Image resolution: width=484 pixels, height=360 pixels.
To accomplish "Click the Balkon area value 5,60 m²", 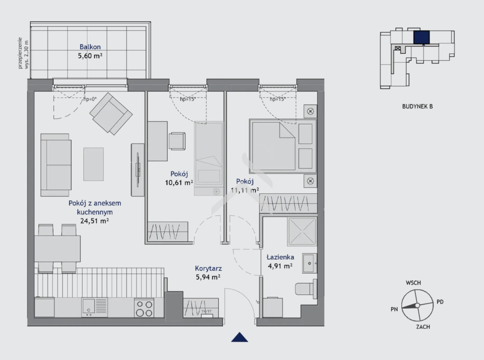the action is tap(90, 56).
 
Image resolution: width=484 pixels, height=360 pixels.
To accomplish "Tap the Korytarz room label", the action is tap(208, 268).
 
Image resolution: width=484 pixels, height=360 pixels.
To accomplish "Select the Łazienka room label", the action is tap(280, 257).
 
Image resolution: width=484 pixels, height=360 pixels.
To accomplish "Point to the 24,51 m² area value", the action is tap(94, 221).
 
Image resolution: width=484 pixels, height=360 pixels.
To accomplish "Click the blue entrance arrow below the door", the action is tap(240, 337).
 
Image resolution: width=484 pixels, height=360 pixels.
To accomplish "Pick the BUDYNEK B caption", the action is tap(417, 106).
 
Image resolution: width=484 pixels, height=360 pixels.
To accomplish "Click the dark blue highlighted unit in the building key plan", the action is tap(421, 37).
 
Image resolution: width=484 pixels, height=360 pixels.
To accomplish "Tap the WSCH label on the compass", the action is tap(413, 283).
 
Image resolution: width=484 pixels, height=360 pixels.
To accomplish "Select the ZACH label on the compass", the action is tap(423, 327).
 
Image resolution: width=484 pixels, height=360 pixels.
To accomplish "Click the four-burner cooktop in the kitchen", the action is tap(144, 308).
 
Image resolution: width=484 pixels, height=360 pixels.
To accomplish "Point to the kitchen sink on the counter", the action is tap(94, 307).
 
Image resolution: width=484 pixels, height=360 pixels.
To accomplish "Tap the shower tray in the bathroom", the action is tap(302, 231).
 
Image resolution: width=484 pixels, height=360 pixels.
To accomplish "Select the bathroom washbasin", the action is tap(309, 263).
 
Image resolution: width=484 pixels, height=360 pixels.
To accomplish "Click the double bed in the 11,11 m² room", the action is tap(283, 146).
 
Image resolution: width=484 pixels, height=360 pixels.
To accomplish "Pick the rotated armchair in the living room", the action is tap(111, 114).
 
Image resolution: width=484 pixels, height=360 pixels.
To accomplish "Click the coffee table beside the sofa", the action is tap(94, 164).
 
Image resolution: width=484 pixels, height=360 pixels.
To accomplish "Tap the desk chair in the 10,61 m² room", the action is tap(177, 141).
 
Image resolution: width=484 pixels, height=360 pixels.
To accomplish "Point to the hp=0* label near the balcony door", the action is tap(90, 99).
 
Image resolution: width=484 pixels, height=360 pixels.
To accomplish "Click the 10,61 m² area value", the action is tap(179, 182).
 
